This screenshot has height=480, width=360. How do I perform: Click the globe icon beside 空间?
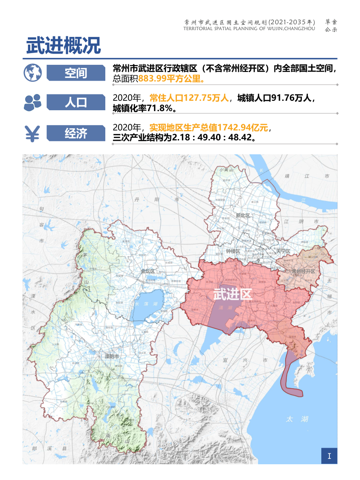32,72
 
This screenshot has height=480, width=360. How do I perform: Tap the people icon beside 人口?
32,103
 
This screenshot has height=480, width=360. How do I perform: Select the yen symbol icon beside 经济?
32,133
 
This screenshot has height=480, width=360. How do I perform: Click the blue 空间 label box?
76,72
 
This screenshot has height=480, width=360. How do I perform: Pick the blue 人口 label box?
76,103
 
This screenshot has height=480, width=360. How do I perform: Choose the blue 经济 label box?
76,133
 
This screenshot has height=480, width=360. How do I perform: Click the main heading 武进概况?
63,46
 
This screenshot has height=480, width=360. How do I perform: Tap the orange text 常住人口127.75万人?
189,98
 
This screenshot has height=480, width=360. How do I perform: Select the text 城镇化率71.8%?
144,108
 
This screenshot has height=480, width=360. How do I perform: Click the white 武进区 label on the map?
232,295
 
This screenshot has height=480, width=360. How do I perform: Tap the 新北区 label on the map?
243,215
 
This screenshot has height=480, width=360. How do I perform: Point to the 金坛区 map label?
148,271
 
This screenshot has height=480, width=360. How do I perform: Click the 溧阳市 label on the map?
111,357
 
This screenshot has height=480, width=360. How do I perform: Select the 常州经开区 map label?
303,271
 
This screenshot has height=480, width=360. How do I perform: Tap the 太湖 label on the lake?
297,419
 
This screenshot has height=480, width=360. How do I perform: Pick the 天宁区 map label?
283,251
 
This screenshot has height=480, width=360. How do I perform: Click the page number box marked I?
329,456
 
